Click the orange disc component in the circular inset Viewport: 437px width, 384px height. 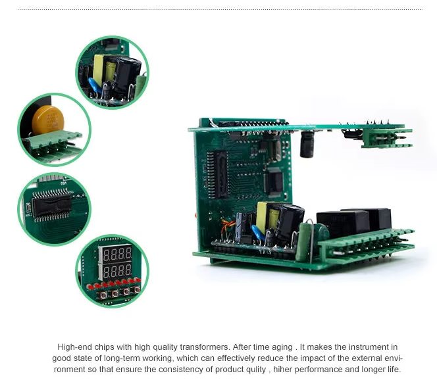click(48, 120)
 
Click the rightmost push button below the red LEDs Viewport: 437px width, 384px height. click(137, 290)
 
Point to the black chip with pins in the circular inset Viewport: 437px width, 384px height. click(51, 205)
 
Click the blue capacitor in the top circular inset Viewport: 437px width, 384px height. click(95, 85)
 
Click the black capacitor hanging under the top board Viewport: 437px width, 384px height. click(307, 145)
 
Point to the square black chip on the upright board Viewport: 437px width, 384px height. click(273, 181)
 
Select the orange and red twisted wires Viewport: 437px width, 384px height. click(226, 226)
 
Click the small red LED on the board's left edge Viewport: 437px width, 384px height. click(195, 215)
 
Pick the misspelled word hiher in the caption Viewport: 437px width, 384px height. click(282, 370)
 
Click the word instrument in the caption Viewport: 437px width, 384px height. click(369, 347)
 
